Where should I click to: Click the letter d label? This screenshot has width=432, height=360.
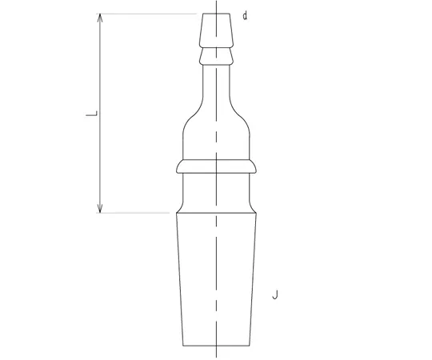click(x=245, y=16)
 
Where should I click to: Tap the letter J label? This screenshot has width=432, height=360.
click(x=275, y=294)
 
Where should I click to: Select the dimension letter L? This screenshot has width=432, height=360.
click(x=92, y=114)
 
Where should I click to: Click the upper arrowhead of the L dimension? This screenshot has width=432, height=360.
click(x=100, y=18)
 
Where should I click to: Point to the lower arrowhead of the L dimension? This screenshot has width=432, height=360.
click(x=100, y=209)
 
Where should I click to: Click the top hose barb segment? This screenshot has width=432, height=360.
click(x=217, y=30)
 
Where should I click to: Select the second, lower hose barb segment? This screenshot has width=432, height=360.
click(x=217, y=57)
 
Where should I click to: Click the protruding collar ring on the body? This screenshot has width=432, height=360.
click(x=217, y=166)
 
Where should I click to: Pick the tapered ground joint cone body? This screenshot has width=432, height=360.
click(x=217, y=279)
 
